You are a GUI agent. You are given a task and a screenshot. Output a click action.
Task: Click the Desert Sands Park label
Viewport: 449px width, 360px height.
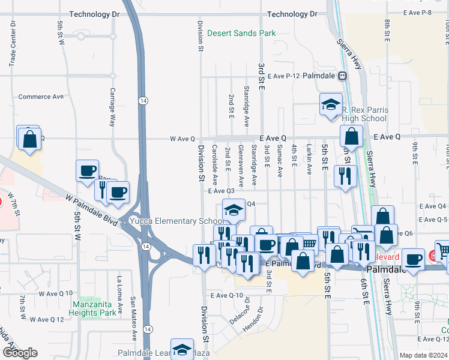click(242, 33)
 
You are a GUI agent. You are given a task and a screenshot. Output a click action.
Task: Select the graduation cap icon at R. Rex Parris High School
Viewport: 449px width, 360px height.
click(330, 104)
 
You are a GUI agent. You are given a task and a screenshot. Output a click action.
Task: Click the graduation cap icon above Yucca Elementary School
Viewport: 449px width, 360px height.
click(233, 209)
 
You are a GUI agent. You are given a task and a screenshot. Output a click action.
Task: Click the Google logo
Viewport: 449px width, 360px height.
click(20, 353)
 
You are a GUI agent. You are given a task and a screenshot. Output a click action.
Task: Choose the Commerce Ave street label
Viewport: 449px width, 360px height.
click(41, 97)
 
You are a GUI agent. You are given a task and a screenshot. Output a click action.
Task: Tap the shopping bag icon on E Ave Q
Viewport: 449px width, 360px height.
click(351, 136)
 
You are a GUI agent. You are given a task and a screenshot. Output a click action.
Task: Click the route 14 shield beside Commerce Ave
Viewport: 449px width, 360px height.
click(143, 99)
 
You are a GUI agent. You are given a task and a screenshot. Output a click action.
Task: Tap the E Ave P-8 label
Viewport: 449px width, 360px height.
click(427, 12)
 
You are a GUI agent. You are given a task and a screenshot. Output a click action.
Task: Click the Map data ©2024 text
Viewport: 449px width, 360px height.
click(423, 355)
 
